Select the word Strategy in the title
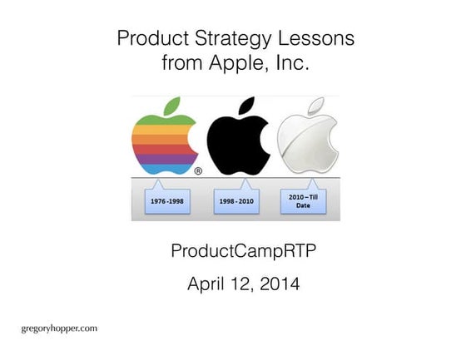(222, 38)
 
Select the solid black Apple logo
(237, 141)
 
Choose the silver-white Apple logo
(307, 141)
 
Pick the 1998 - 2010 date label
(236, 200)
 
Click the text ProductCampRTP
(234, 251)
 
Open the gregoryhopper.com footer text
(59, 328)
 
